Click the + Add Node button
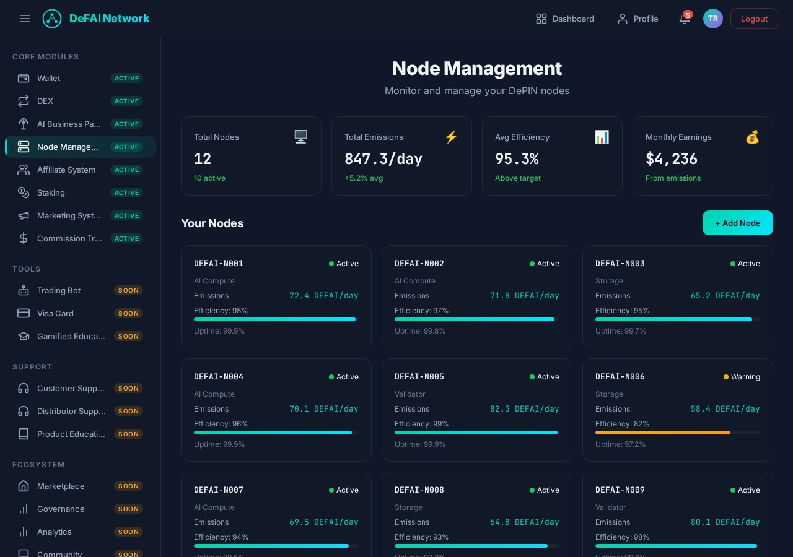737,223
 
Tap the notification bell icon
684,19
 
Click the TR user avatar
712,19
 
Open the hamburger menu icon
25,19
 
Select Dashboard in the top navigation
564,19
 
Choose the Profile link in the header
637,19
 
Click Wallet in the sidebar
48,78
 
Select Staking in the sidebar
51,192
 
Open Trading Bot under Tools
58,290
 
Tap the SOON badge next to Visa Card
128,313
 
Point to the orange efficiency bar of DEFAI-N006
662,433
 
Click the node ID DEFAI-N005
419,376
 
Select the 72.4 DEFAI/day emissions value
323,296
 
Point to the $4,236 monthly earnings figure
671,159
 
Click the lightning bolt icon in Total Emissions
451,137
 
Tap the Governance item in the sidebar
61,509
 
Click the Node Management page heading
476,68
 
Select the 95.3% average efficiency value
517,159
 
